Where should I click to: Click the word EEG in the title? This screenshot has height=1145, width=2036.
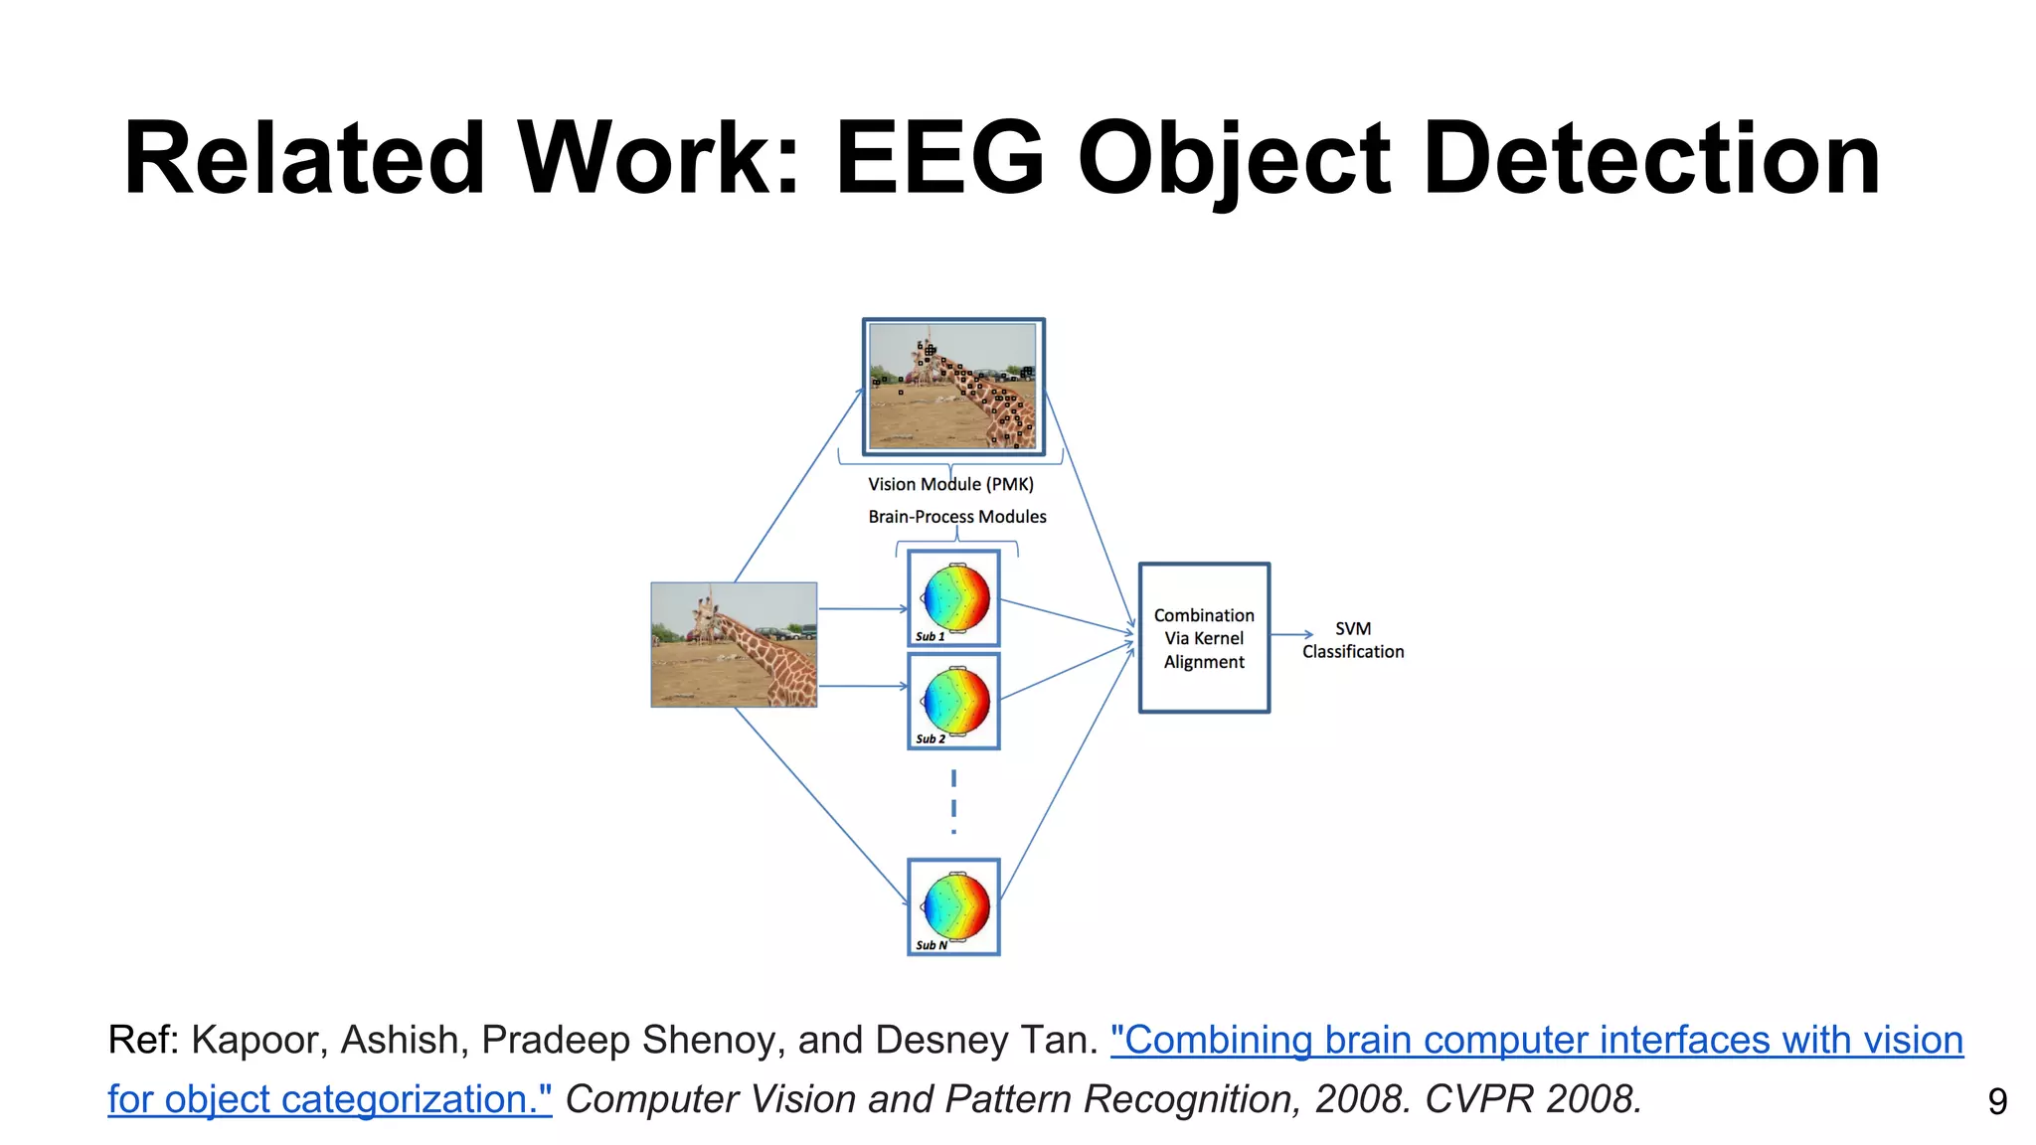[x=938, y=159]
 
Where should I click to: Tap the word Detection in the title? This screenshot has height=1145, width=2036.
[x=1651, y=159]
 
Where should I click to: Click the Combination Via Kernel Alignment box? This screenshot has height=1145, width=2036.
[x=1204, y=638]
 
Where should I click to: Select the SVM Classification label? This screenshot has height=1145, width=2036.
[x=1353, y=640]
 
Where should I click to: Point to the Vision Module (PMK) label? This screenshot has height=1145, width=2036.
[x=950, y=484]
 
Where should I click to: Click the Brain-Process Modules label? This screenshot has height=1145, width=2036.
[x=957, y=517]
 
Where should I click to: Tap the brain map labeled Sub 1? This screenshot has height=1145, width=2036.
[x=954, y=598]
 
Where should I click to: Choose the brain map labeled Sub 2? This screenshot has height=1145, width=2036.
[x=954, y=701]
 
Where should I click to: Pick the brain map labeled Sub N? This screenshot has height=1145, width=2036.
[x=954, y=906]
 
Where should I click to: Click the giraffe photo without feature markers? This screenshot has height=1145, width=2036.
[x=734, y=644]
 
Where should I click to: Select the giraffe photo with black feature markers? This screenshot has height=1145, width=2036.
[x=952, y=387]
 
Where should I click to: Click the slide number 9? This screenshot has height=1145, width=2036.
[x=1997, y=1101]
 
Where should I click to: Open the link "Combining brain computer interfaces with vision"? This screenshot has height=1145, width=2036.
[x=1537, y=1040]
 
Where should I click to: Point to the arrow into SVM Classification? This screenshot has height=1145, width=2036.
[x=1292, y=634]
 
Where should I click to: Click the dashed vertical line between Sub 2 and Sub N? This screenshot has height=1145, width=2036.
[x=953, y=801]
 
